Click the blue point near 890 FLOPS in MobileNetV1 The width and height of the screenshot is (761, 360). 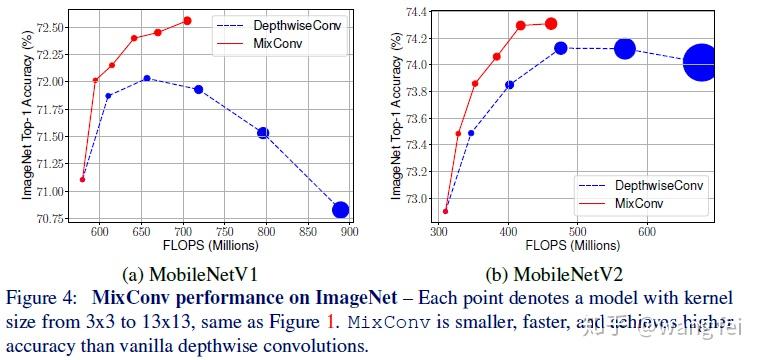(340, 209)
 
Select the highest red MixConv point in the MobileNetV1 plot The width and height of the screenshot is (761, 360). (187, 20)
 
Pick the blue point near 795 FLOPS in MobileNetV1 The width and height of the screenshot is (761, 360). (263, 132)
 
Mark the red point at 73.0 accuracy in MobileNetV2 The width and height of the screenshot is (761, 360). (445, 211)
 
